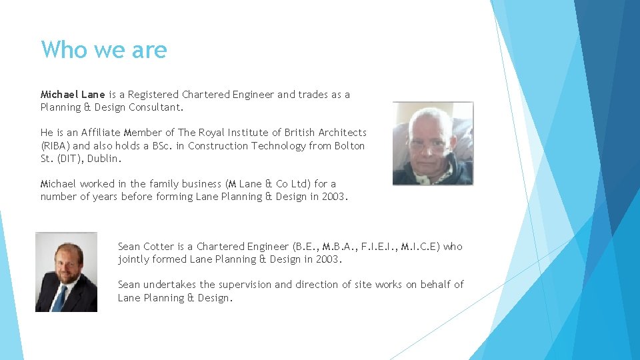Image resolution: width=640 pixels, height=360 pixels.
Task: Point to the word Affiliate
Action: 103,133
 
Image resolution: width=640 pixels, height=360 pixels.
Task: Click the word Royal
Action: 221,133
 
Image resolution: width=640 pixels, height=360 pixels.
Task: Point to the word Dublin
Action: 105,159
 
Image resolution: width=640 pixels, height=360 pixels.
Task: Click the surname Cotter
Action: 159,247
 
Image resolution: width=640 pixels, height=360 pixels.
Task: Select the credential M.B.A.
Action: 341,247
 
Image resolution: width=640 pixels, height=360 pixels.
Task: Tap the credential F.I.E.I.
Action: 381,247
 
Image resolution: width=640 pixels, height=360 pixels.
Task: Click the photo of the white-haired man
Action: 433,143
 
